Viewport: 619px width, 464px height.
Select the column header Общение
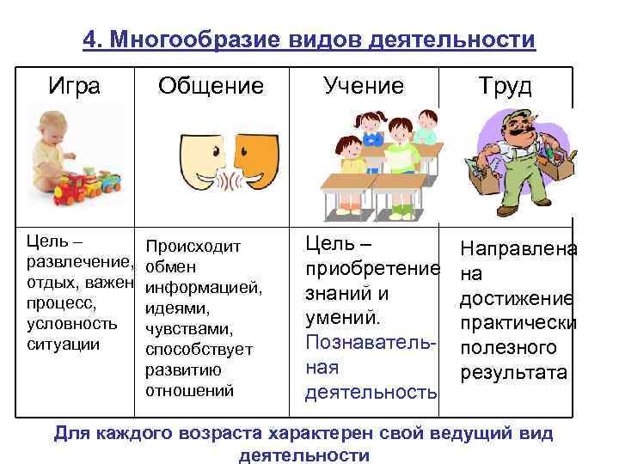211,87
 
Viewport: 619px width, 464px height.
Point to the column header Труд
506,87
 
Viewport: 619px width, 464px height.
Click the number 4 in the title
89,40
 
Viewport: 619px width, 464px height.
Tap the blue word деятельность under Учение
371,392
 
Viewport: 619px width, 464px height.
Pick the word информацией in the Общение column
204,287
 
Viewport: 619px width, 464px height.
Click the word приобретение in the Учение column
371,270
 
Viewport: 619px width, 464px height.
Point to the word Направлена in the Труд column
518,249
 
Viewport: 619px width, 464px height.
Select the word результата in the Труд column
514,372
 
